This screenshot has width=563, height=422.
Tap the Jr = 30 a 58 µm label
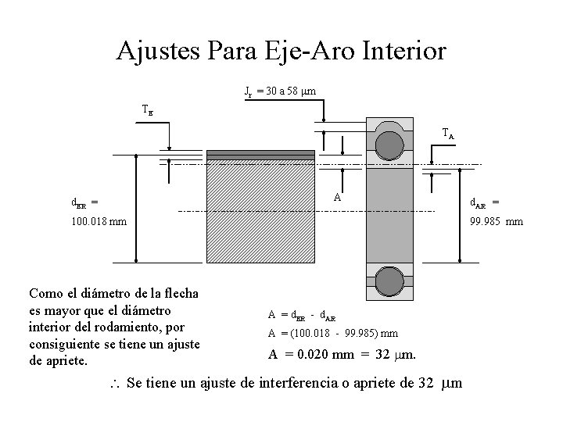pos(281,92)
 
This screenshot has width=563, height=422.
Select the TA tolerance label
pos(447,134)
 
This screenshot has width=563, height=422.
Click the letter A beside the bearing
pos(337,197)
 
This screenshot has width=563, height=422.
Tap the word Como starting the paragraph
pos(45,294)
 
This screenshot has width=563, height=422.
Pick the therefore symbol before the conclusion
pos(113,384)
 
